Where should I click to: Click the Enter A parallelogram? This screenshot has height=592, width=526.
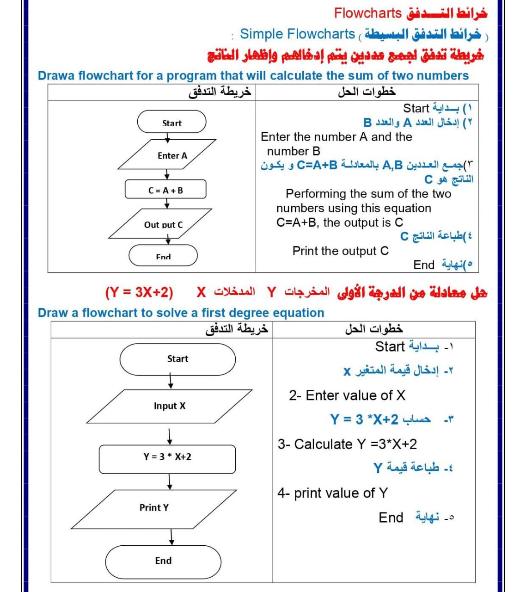[x=167, y=155]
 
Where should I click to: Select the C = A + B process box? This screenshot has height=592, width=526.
[x=165, y=190]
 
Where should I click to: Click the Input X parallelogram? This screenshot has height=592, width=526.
[x=169, y=406]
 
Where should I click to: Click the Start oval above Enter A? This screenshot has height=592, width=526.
[x=171, y=123]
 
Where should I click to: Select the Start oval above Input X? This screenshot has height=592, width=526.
[x=177, y=359]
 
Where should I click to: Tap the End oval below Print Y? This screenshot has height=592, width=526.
[x=163, y=561]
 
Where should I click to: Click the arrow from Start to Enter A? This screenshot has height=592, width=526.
[x=167, y=139]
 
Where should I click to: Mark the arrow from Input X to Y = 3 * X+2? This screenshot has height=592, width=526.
[x=170, y=436]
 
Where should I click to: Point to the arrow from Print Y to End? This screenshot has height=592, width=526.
[x=171, y=537]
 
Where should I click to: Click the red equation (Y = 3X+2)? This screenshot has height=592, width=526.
[x=139, y=293]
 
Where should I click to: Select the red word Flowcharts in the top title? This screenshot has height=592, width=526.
[x=367, y=13]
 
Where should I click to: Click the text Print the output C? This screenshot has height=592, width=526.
[x=340, y=251]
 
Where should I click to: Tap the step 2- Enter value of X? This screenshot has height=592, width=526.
[x=347, y=395]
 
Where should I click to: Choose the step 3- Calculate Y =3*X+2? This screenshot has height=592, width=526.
[x=347, y=444]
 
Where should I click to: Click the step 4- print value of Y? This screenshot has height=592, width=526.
[x=332, y=493]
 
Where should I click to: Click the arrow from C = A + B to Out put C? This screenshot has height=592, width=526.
[x=167, y=203]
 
